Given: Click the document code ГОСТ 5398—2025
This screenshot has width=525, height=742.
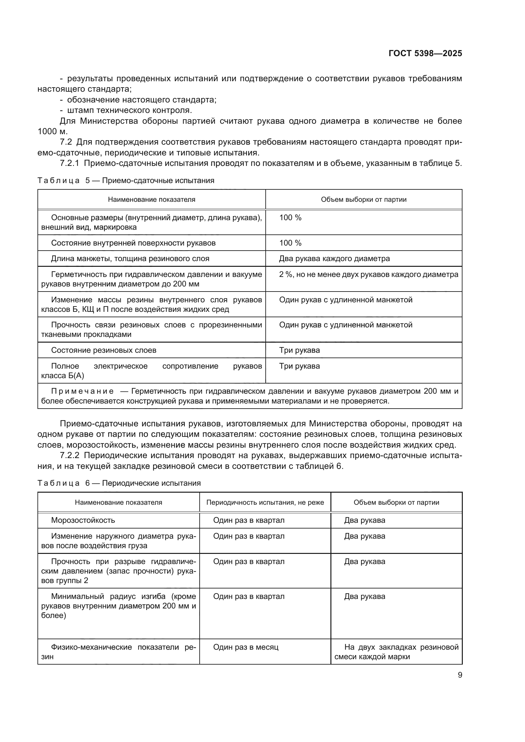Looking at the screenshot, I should coord(425,54).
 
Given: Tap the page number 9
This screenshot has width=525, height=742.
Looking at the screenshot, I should coord(460,675).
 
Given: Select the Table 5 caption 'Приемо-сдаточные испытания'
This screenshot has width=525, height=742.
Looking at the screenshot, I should coord(158,180).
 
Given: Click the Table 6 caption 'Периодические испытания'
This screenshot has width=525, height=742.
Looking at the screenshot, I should coord(151,483).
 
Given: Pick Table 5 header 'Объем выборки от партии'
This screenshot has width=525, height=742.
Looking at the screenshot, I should coord(363,200).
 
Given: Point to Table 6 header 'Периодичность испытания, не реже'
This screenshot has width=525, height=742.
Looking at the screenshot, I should coord(265,502).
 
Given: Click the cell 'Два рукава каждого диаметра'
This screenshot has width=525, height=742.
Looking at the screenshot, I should coord(334,259).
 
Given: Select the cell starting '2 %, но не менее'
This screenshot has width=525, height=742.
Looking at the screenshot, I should coord(368,274).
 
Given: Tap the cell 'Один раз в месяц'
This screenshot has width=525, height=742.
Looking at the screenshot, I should coord(245,647).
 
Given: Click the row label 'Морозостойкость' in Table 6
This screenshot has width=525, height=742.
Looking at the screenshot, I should coord(83,520).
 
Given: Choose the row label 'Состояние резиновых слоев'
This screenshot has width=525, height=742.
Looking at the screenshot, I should coord(103,350).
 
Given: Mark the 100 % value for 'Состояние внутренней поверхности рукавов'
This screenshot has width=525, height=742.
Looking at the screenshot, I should coord(290,243).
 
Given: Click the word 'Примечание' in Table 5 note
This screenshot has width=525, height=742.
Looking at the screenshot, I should coord(82,391).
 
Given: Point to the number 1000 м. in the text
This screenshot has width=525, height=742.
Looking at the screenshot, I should coord(52,132).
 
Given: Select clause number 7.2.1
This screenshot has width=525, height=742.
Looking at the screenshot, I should coord(69,163).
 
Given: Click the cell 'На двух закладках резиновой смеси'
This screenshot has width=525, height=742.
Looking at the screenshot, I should coord(396,652).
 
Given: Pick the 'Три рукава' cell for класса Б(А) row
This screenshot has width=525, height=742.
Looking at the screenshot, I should coord(299,366).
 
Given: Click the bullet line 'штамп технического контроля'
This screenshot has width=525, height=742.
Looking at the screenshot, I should coord(129,110).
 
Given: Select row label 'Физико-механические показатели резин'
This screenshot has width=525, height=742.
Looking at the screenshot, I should coord(118,652).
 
